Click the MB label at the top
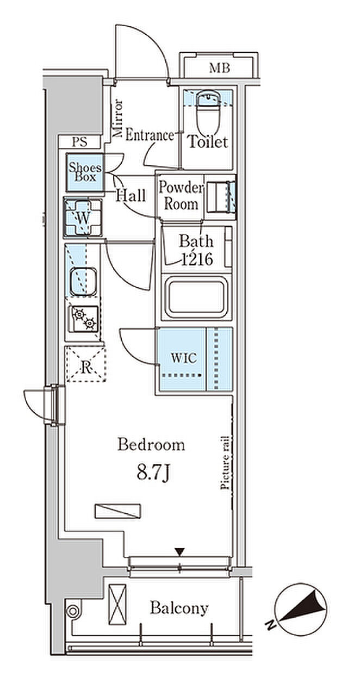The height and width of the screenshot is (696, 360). [219, 68]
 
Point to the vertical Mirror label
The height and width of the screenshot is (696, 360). [118, 118]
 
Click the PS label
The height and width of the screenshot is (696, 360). [79, 142]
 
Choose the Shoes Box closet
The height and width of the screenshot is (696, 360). [84, 172]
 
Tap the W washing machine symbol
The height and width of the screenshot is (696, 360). [83, 217]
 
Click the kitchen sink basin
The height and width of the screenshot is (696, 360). [83, 281]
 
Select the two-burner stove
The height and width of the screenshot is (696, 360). [84, 319]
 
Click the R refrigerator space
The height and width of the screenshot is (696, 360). [85, 364]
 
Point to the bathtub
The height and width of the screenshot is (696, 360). [196, 296]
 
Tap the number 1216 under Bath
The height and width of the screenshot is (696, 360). [197, 259]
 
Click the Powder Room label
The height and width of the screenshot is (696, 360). [181, 196]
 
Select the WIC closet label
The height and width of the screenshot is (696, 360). [184, 358]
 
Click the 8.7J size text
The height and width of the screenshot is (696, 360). [152, 474]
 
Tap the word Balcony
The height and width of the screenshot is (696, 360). [179, 608]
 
